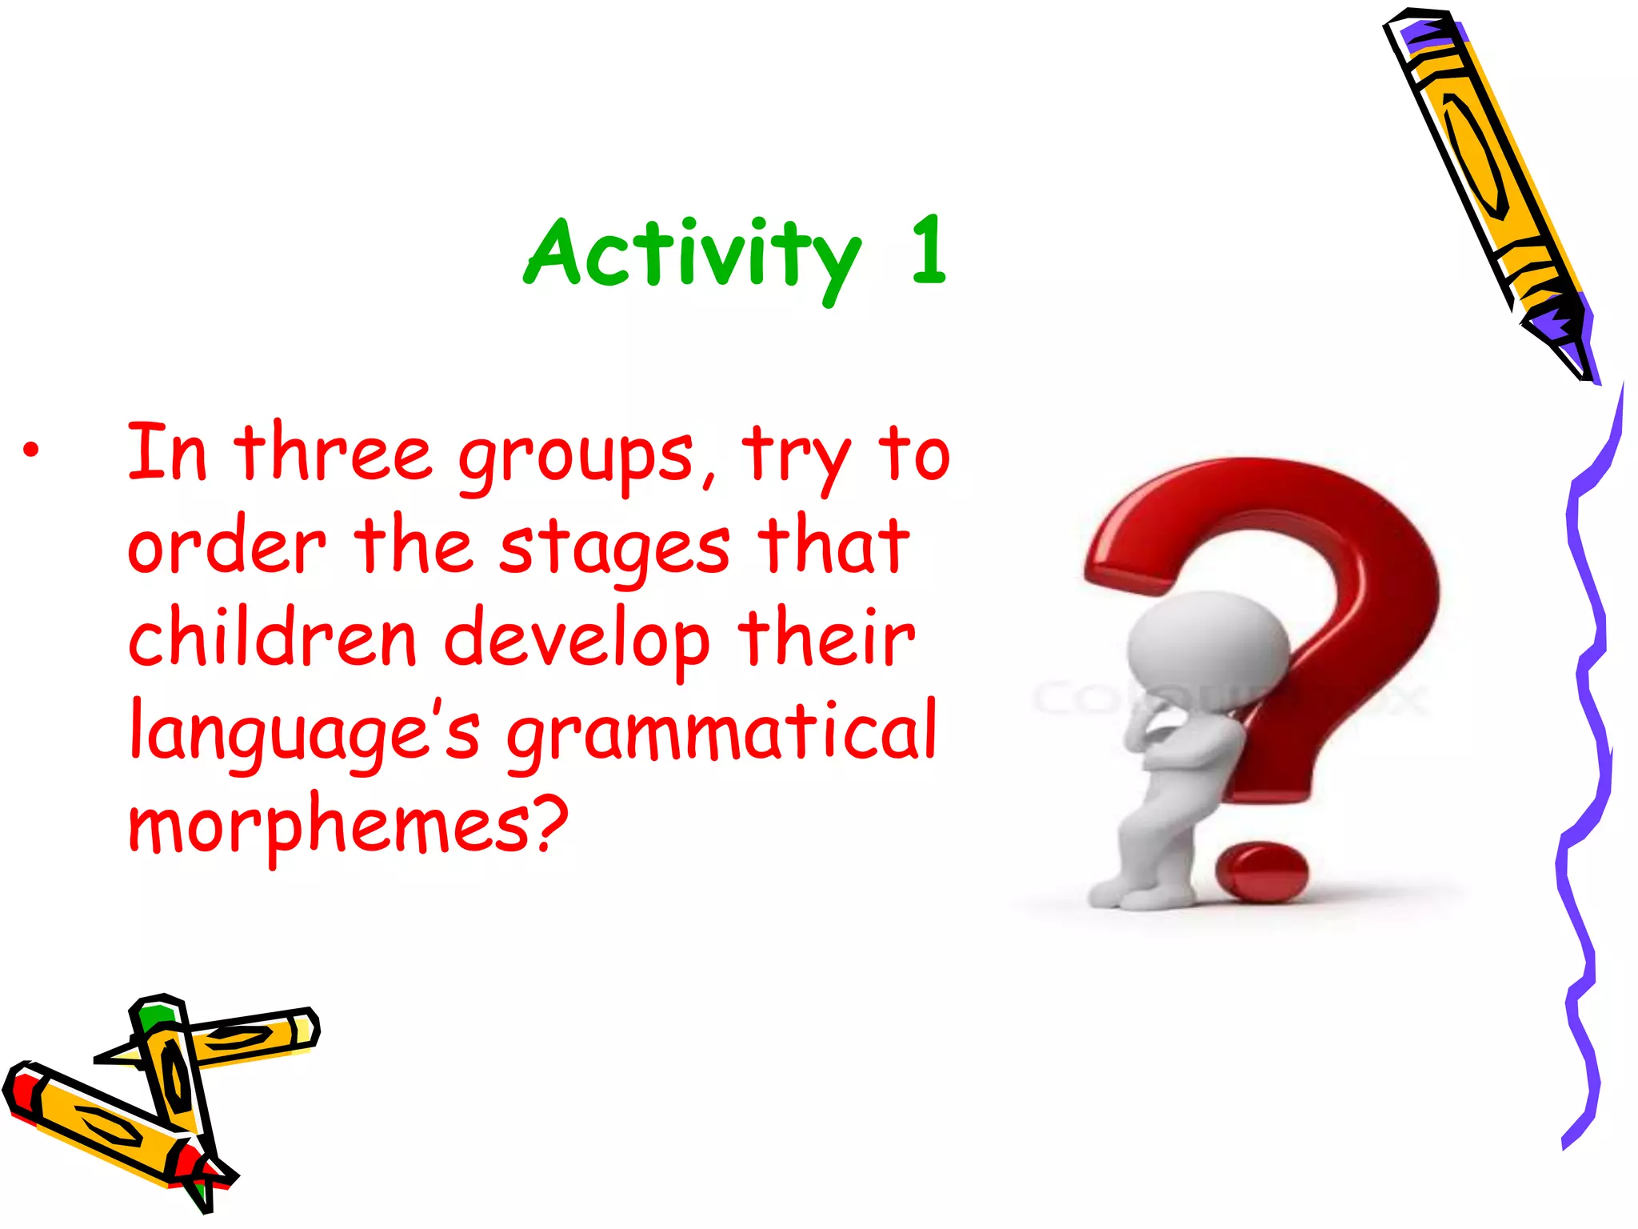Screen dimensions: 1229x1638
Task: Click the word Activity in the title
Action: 693,254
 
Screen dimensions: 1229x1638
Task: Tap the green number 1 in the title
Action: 929,251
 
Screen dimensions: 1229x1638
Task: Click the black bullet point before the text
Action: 30,450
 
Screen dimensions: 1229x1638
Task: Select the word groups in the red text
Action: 576,457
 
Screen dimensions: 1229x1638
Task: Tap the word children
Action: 272,640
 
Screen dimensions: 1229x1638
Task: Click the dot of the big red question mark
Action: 1262,871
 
